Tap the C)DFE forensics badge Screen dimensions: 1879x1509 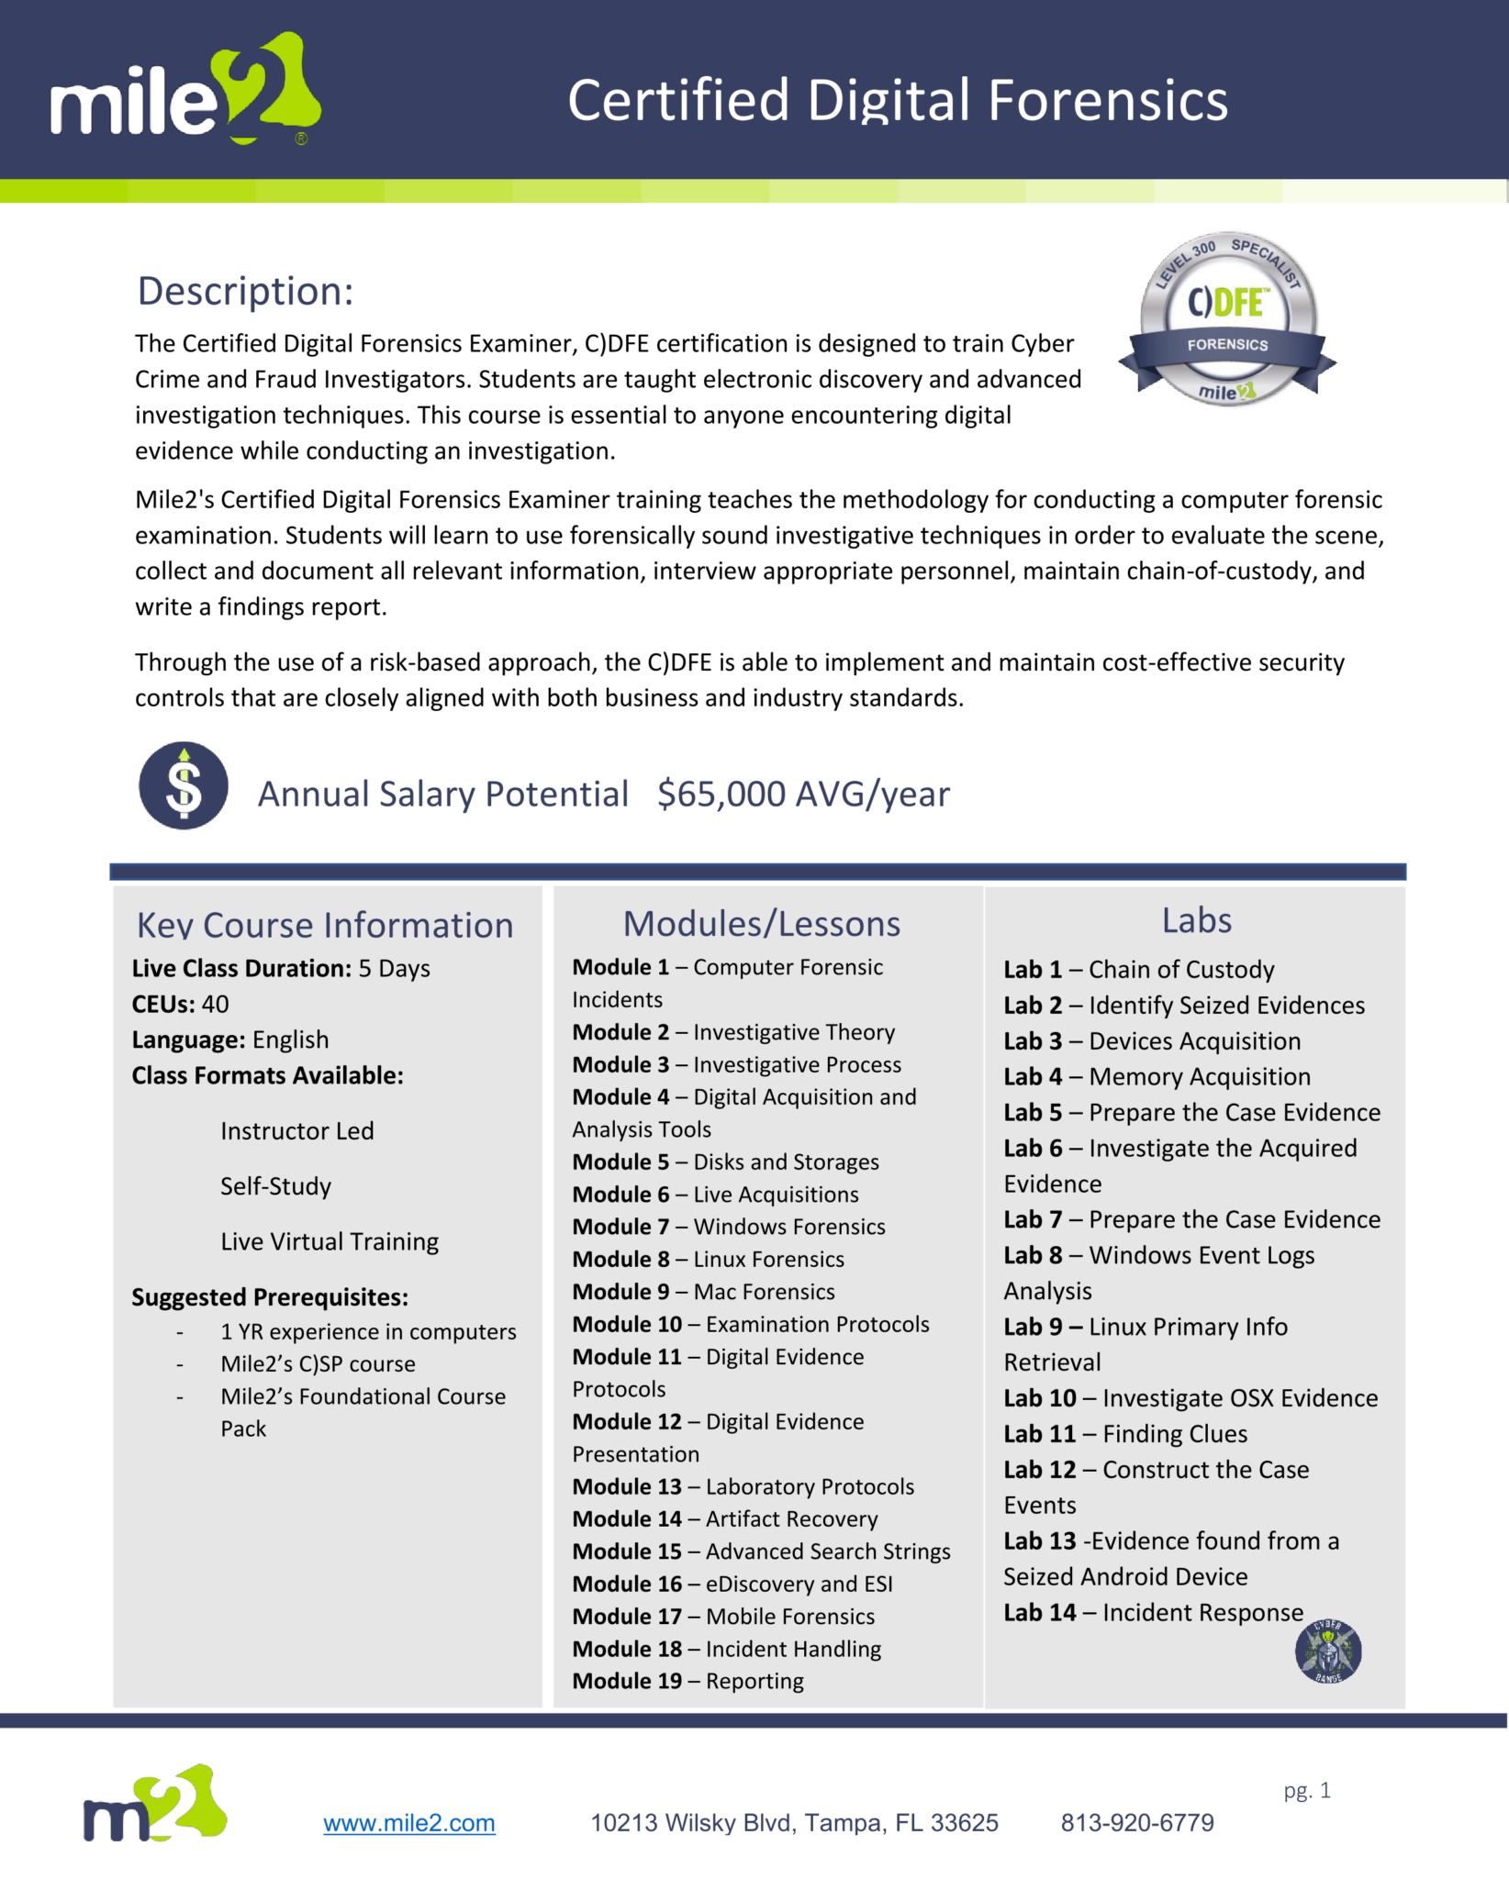(x=1226, y=318)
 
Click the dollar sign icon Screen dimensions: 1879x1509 (x=184, y=786)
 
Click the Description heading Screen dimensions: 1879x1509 (x=245, y=292)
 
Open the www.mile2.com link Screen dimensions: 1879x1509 (x=408, y=1823)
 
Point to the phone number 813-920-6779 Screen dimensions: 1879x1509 (x=1136, y=1823)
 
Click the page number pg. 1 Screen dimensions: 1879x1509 (x=1306, y=1790)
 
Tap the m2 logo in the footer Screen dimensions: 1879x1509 (x=154, y=1804)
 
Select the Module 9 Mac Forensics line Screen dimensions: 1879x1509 (x=703, y=1292)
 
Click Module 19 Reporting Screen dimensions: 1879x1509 (x=687, y=1681)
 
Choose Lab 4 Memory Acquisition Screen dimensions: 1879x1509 (x=1157, y=1077)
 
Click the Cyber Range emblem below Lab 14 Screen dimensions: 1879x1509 (x=1327, y=1651)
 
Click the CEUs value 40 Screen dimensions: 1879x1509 (x=215, y=1005)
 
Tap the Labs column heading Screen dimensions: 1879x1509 (x=1196, y=921)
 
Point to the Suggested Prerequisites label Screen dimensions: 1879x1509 (x=270, y=1297)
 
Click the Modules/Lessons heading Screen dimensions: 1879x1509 (x=761, y=924)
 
